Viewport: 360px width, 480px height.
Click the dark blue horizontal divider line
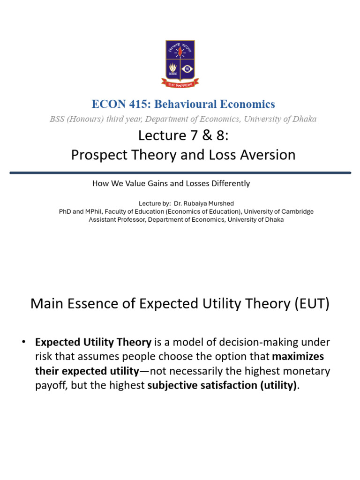tap(180, 172)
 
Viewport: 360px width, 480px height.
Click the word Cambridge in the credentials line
tap(295, 211)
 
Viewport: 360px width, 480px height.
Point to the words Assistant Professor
tap(117, 219)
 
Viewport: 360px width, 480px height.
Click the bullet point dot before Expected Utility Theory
tap(23, 342)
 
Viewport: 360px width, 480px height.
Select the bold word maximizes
tap(299, 357)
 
